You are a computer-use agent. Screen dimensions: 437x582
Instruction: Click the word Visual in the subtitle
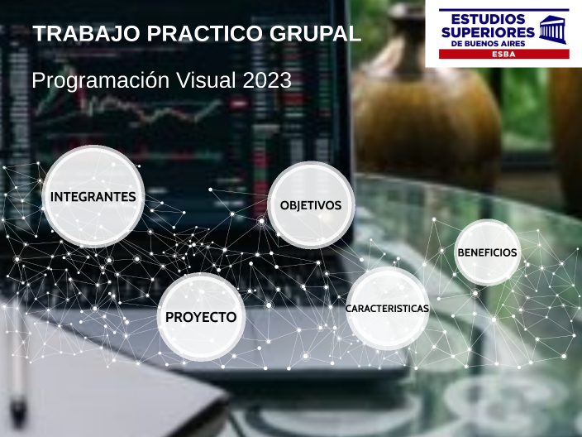tap(198, 80)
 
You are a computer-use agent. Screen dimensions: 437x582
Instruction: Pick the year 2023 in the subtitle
tap(267, 80)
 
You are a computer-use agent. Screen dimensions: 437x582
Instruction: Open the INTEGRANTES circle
tap(93, 196)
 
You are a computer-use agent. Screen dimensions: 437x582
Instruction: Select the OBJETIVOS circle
tap(311, 204)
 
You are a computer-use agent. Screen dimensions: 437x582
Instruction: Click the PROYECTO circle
tap(201, 317)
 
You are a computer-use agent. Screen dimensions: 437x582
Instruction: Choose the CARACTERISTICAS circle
tap(387, 309)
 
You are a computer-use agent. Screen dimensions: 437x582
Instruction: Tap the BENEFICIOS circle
tap(487, 252)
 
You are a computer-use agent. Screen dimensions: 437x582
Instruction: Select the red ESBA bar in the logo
tap(498, 53)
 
